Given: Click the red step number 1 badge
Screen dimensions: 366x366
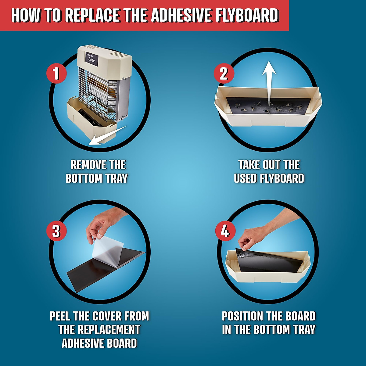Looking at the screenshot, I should pos(56,74).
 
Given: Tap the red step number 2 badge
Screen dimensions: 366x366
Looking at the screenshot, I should pos(224,74).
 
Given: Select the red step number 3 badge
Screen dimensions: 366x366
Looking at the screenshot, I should pos(56,231).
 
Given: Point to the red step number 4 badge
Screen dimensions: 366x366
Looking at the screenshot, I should pos(225,231).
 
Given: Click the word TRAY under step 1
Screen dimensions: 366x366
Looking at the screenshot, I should pos(116,178).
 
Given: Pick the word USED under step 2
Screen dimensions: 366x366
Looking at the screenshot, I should pos(245,178).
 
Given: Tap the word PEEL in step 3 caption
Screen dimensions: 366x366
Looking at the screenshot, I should pos(60,316).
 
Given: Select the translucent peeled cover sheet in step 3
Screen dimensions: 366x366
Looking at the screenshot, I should pos(108,250).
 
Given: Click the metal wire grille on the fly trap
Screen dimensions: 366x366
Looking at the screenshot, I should pos(98,88).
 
